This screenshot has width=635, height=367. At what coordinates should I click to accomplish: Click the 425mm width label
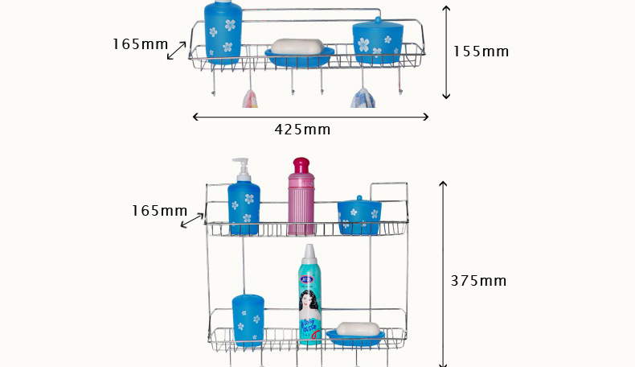click(x=302, y=130)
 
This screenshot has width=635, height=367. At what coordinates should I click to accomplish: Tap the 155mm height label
click(x=481, y=52)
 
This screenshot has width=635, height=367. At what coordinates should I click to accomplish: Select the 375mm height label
click(x=478, y=281)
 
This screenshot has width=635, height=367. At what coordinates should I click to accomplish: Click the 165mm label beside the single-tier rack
click(x=140, y=44)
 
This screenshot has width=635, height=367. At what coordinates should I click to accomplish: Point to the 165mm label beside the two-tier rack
click(x=159, y=211)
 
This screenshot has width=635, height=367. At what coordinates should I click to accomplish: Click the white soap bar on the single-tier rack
click(x=297, y=47)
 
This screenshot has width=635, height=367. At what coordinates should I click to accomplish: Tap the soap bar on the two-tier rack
click(x=358, y=329)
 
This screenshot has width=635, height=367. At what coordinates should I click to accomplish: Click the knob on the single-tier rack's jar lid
click(x=378, y=19)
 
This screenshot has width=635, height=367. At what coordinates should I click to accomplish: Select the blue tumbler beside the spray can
click(x=248, y=320)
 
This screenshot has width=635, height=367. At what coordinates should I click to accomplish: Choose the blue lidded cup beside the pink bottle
click(x=359, y=216)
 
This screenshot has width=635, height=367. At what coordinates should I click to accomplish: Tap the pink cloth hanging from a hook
click(x=250, y=99)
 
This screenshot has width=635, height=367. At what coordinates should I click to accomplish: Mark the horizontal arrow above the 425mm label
click(x=310, y=117)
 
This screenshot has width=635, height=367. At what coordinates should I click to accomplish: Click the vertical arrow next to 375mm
click(x=442, y=274)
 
